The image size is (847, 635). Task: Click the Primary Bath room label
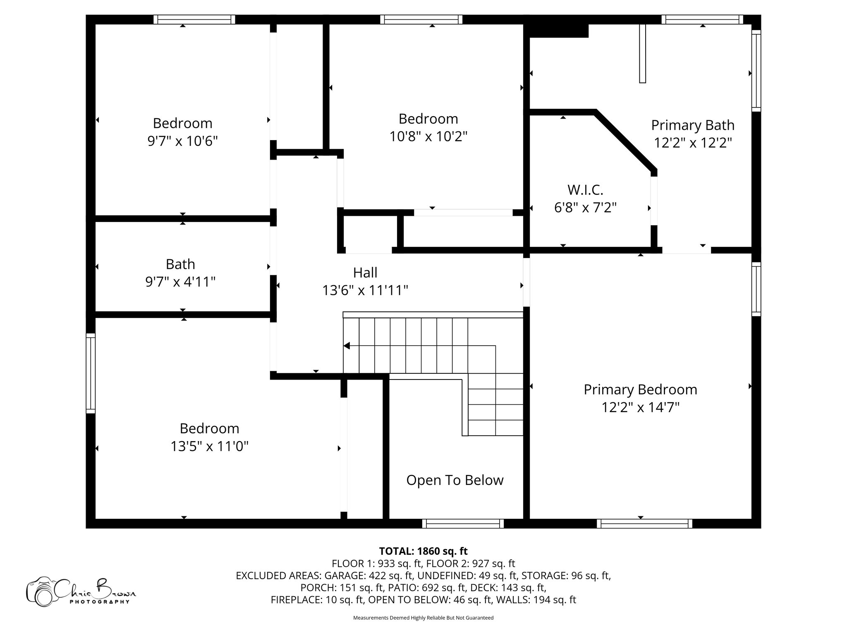[693, 125]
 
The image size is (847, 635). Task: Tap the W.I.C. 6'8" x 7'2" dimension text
[585, 207]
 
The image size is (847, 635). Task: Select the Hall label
[365, 272]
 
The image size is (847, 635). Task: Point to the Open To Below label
[455, 480]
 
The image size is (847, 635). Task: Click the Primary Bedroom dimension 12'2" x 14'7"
[640, 408]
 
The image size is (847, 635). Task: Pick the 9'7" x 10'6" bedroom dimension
[182, 141]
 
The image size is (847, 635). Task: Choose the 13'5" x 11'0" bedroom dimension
[210, 446]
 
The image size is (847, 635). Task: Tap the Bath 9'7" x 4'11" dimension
[180, 282]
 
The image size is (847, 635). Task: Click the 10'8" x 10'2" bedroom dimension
[428, 136]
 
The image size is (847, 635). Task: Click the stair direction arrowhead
[347, 346]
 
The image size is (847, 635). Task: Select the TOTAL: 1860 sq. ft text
[423, 551]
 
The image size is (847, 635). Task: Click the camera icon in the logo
[41, 591]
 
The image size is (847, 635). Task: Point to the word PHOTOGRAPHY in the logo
[100, 602]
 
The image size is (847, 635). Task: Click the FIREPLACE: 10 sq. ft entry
[317, 600]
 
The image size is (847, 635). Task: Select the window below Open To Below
[463, 524]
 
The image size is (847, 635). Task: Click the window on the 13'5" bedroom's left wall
[91, 373]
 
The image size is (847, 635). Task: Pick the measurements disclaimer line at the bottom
[423, 618]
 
